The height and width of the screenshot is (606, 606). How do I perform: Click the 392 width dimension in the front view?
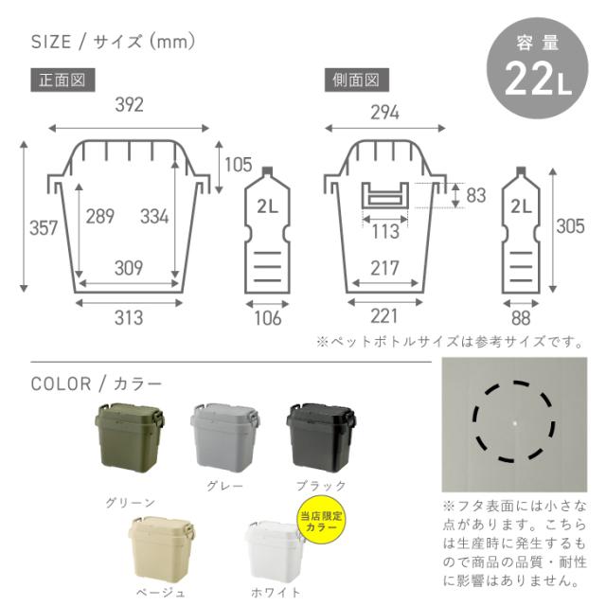pyautogui.click(x=129, y=105)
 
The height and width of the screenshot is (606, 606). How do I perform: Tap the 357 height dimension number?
pyautogui.click(x=44, y=227)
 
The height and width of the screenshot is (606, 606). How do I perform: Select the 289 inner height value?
pyautogui.click(x=100, y=216)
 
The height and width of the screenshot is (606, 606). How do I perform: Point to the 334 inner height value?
pyautogui.click(x=154, y=216)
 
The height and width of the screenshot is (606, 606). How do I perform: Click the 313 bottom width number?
pyautogui.click(x=129, y=318)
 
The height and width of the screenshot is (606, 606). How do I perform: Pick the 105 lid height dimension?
pyautogui.click(x=238, y=165)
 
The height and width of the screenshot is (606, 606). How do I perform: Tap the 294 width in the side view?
pyautogui.click(x=384, y=113)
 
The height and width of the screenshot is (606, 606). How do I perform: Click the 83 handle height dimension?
pyautogui.click(x=475, y=195)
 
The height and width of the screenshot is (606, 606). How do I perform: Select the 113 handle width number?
pyautogui.click(x=385, y=231)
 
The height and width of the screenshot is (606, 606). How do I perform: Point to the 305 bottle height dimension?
pyautogui.click(x=570, y=226)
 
